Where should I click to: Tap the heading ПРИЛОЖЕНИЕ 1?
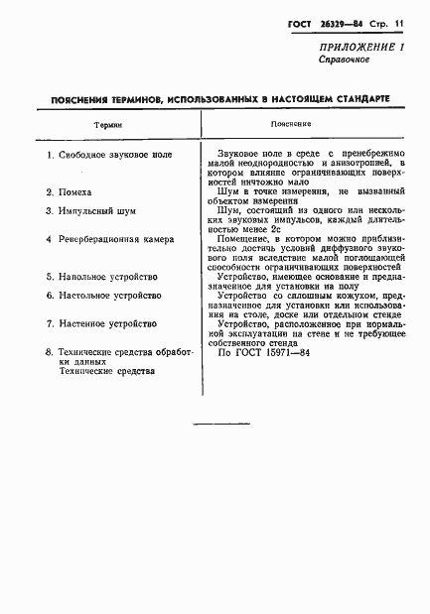pyautogui.click(x=354, y=47)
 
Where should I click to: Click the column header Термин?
pyautogui.click(x=108, y=125)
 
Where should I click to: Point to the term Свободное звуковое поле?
pyautogui.click(x=115, y=157)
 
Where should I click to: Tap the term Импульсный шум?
pyautogui.click(x=96, y=211)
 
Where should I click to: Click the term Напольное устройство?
pyautogui.click(x=109, y=277)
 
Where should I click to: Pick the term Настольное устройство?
pyautogui.click(x=109, y=296)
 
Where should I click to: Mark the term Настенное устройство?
pyautogui.click(x=106, y=323)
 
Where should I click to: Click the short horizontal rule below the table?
pyautogui.click(x=220, y=425)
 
